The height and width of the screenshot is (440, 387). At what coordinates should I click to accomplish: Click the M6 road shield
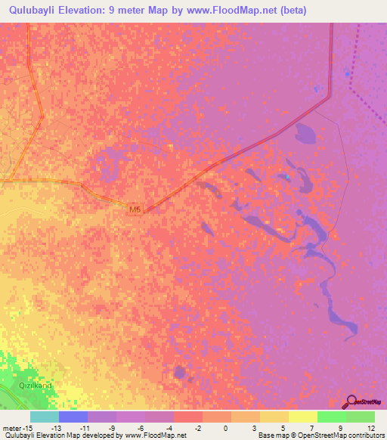tap(135, 209)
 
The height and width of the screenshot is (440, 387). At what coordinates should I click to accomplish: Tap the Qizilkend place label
tap(36, 386)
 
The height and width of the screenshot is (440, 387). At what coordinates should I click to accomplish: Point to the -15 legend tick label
tap(25, 427)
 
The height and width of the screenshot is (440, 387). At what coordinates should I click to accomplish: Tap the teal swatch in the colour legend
tap(45, 417)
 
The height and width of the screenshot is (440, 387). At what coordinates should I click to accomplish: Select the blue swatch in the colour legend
tap(73, 417)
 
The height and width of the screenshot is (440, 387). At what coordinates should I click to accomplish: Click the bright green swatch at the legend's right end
tap(361, 417)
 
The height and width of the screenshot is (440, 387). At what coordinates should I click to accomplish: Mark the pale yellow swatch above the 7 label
tap(303, 417)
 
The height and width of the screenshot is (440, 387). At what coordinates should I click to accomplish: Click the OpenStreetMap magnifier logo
tap(352, 402)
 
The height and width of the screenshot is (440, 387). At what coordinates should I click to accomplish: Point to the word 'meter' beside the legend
tap(11, 427)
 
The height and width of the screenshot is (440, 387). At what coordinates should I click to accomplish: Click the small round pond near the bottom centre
tap(179, 372)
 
